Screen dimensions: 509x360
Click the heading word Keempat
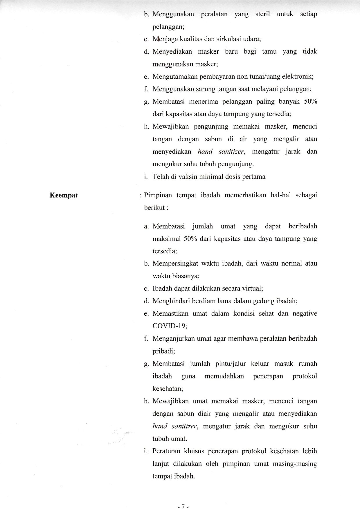click(x=64, y=195)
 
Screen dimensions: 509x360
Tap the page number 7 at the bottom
click(x=183, y=498)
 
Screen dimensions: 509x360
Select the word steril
click(x=262, y=14)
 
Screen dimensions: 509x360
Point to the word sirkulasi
click(x=230, y=39)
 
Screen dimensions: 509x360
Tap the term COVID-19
click(x=170, y=326)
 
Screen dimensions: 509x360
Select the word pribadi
click(x=163, y=351)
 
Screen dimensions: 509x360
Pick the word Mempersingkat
click(x=175, y=263)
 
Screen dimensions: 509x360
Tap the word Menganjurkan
click(x=173, y=339)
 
